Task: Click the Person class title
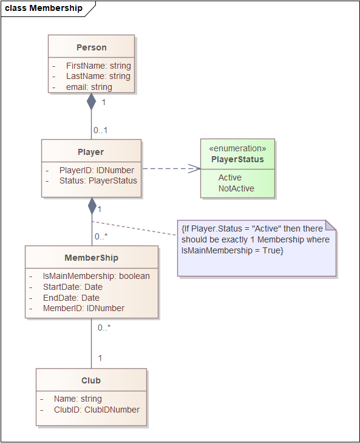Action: point(92,47)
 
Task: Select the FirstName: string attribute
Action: point(98,66)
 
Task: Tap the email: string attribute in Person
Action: point(89,87)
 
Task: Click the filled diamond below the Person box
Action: point(91,101)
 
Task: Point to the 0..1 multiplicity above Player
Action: point(101,130)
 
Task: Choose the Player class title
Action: point(91,152)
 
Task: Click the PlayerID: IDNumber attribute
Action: point(97,170)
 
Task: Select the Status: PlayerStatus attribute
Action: point(98,180)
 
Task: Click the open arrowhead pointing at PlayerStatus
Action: point(194,169)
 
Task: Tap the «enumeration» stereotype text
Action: point(237,148)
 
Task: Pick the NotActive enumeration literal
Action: point(236,188)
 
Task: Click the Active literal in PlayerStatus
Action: point(230,177)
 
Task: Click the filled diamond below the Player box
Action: point(92,206)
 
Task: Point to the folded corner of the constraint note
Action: point(331,225)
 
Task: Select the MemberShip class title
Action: point(92,258)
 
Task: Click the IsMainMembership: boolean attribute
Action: point(97,276)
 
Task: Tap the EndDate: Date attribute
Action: point(71,298)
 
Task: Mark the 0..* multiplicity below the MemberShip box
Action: point(104,328)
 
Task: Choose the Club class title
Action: point(91,380)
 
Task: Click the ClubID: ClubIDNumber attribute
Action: point(97,410)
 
